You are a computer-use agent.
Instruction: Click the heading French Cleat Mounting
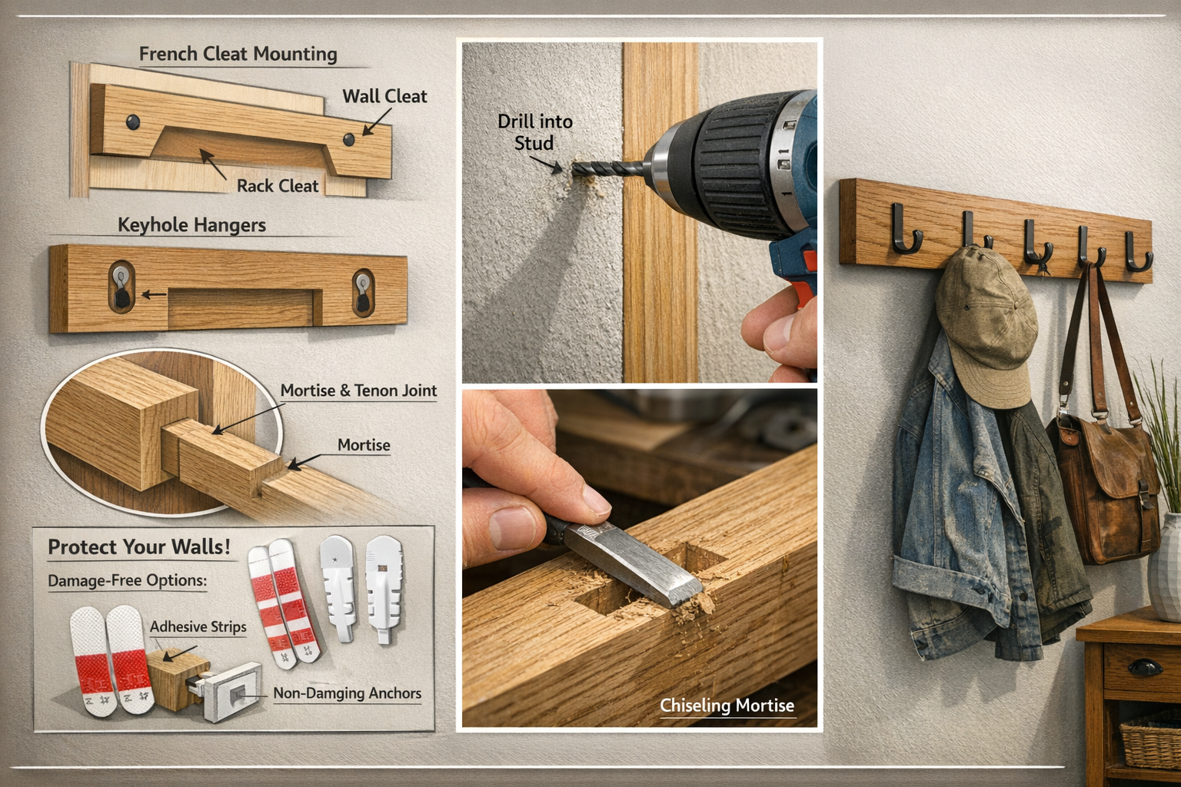[238, 54]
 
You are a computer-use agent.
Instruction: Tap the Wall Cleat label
[384, 96]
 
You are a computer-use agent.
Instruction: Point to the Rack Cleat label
[277, 186]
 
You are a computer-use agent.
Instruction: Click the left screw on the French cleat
[133, 121]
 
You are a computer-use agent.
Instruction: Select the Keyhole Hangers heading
[191, 225]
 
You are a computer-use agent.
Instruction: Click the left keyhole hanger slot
[121, 287]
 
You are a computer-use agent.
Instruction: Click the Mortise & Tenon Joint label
[358, 390]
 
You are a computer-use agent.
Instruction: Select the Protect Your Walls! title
[139, 547]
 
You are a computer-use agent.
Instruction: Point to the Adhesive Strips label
[198, 626]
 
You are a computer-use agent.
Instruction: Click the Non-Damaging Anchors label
[347, 693]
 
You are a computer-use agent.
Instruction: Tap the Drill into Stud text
[534, 132]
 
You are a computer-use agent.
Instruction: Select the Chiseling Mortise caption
[727, 706]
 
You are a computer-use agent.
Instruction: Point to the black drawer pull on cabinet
[1145, 667]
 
